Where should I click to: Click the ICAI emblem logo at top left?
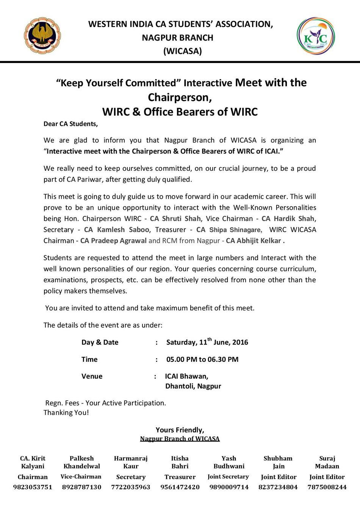(x=42, y=36)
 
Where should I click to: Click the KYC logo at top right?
(x=316, y=36)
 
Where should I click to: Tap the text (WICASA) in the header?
(x=182, y=51)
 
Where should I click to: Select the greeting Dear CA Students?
(x=70, y=124)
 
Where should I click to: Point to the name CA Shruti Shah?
(x=175, y=218)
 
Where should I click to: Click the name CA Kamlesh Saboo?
(x=116, y=229)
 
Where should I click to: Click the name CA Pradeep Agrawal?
(x=113, y=240)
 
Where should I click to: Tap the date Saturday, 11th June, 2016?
(x=207, y=342)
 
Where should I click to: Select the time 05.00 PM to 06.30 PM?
(x=202, y=359)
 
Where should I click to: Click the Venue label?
(x=92, y=376)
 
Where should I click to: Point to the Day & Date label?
(x=100, y=342)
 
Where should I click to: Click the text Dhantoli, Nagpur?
(x=193, y=386)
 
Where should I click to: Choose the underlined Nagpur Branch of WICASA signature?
(x=180, y=438)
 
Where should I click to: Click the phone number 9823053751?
(x=33, y=487)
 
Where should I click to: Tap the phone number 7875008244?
(x=327, y=487)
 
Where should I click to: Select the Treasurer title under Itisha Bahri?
(x=180, y=477)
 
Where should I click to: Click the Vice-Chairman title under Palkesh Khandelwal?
(x=81, y=477)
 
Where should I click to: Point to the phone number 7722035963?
(x=131, y=487)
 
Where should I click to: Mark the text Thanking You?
(x=66, y=412)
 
